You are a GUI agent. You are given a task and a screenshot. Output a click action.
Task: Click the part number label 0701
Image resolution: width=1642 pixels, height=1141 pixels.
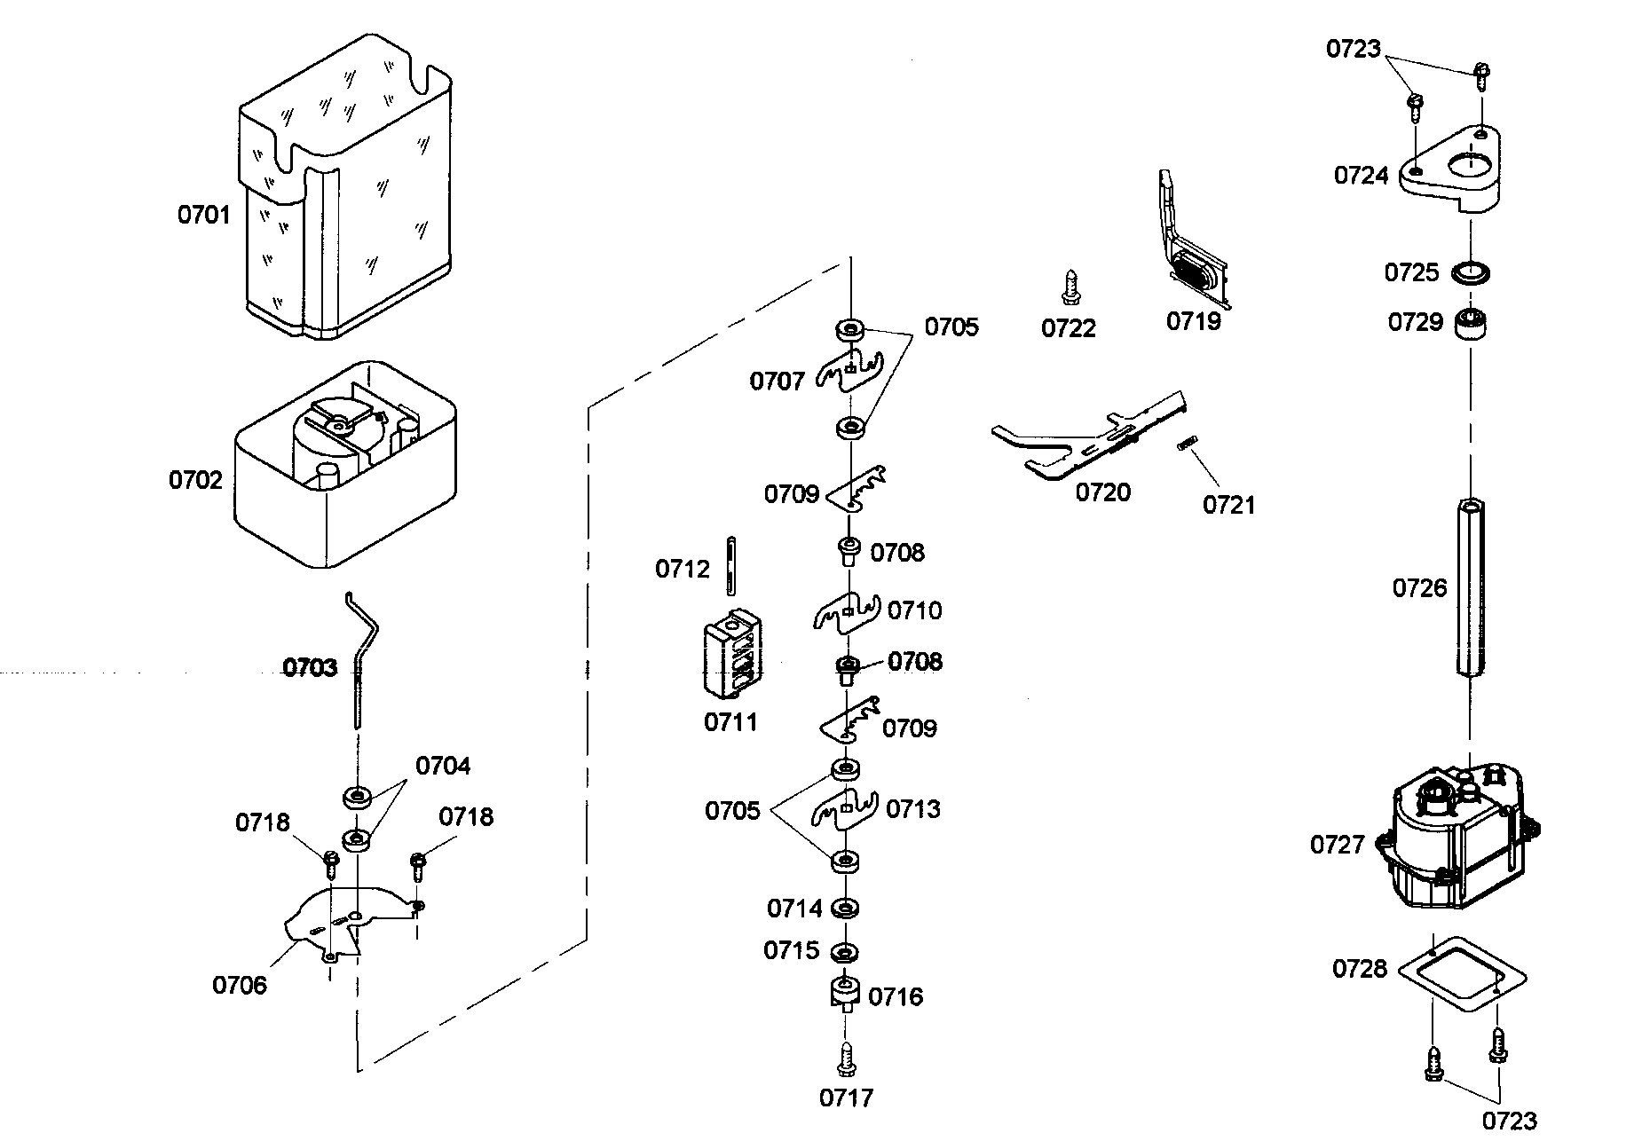pyautogui.click(x=203, y=215)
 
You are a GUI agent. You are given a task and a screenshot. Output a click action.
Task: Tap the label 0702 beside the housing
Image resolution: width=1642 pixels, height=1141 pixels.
pyautogui.click(x=195, y=480)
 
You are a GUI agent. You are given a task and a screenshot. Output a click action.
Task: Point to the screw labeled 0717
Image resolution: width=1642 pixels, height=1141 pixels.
pyautogui.click(x=846, y=1058)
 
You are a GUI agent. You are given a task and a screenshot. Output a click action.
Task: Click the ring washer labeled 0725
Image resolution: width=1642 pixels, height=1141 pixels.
pyautogui.click(x=1471, y=271)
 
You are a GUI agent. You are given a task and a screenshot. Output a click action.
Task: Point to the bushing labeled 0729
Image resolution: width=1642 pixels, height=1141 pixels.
pyautogui.click(x=1470, y=323)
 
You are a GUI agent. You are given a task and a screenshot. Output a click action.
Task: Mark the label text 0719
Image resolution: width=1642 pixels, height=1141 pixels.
pyautogui.click(x=1193, y=321)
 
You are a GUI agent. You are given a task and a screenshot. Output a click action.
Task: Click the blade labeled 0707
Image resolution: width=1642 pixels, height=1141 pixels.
pyautogui.click(x=850, y=371)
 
